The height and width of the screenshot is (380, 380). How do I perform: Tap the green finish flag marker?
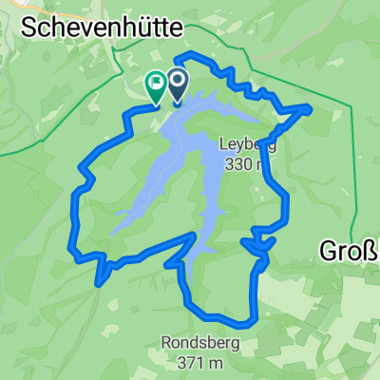pyautogui.click(x=154, y=85)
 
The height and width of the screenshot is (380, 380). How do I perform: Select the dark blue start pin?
pyautogui.click(x=178, y=83)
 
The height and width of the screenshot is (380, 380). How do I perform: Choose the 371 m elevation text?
pyautogui.click(x=199, y=362)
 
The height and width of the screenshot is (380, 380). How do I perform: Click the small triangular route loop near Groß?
pyautogui.click(x=261, y=246)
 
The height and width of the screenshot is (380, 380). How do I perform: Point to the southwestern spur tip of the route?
pyautogui.click(x=100, y=282)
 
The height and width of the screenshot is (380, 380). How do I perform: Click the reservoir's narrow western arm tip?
pyautogui.click(x=114, y=233)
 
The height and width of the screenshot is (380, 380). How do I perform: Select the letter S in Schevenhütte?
pyautogui.click(x=26, y=28)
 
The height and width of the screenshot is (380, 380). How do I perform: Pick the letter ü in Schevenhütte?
pyautogui.click(x=134, y=28)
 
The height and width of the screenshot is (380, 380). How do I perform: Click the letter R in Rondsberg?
pyautogui.click(x=166, y=344)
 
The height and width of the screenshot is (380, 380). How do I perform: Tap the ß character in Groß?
pyautogui.click(x=370, y=252)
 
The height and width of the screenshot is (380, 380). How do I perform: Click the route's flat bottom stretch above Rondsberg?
pyautogui.click(x=223, y=317)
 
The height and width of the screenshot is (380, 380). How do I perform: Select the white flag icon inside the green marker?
pyautogui.click(x=154, y=82)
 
